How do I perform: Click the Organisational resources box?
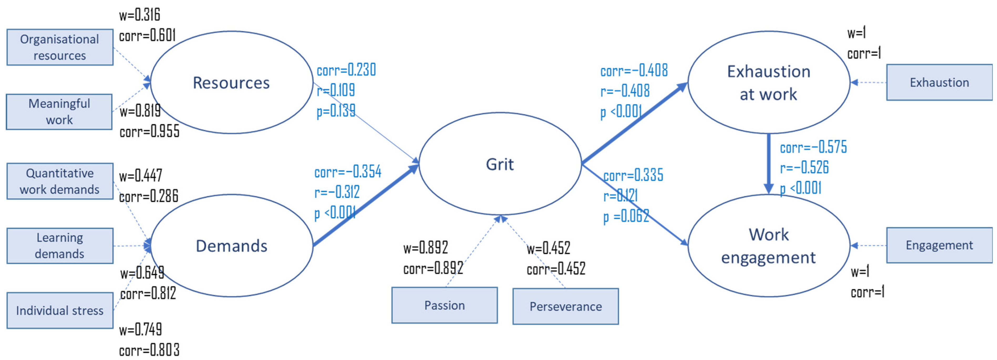pos(60,47)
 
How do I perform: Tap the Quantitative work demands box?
pos(60,181)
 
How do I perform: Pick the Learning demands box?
pos(60,246)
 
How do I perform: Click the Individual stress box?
pos(60,310)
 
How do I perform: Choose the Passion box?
pos(444,305)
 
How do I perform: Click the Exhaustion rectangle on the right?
pos(939,83)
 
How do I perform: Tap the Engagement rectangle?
pos(939,245)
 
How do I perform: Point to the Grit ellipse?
pos(500,164)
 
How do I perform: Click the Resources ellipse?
pos(231,83)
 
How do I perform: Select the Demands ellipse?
pos(231,246)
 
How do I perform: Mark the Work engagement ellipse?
pos(769,246)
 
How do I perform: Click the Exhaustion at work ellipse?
pos(769,83)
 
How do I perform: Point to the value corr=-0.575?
pos(813,147)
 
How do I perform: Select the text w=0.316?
pos(139,15)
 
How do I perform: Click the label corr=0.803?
pos(149,350)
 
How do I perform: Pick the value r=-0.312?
pos(337,192)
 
